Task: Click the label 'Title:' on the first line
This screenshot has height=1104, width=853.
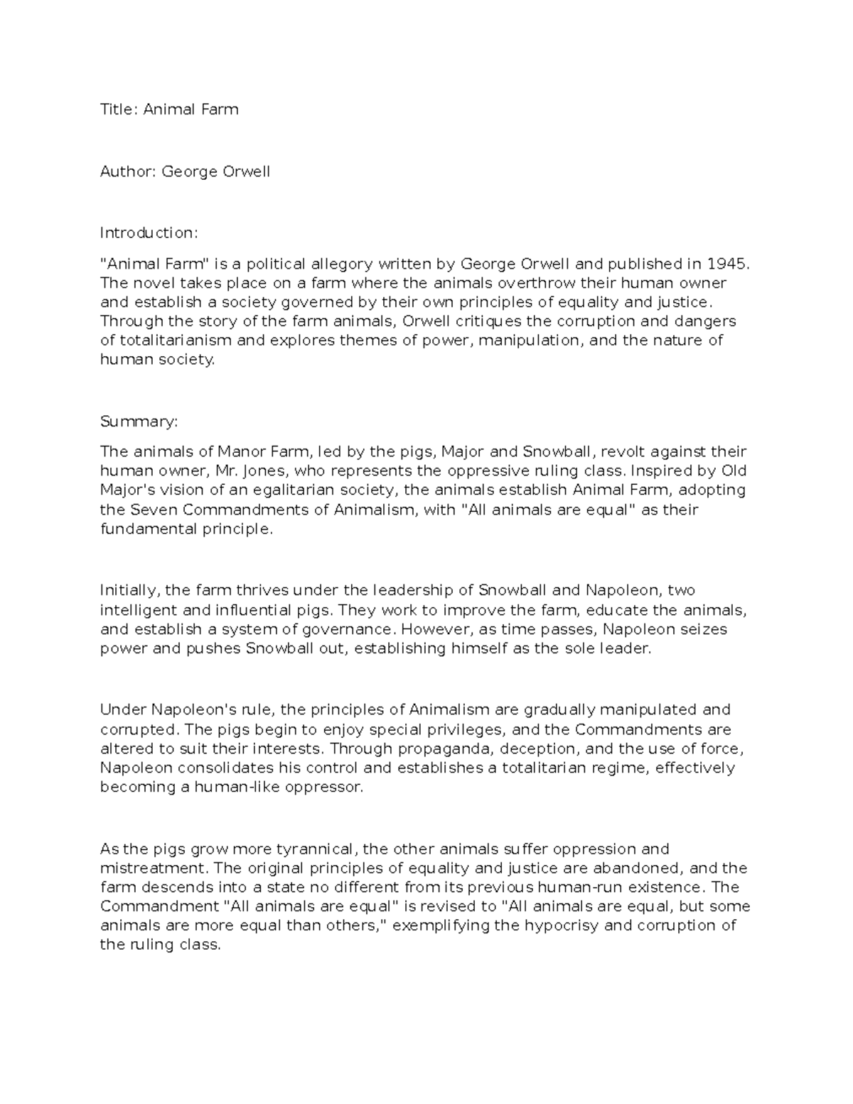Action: coord(119,109)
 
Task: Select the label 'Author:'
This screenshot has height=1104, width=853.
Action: coord(128,171)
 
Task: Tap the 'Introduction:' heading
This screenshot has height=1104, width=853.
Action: coord(149,232)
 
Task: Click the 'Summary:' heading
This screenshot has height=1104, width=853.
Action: coord(139,422)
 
